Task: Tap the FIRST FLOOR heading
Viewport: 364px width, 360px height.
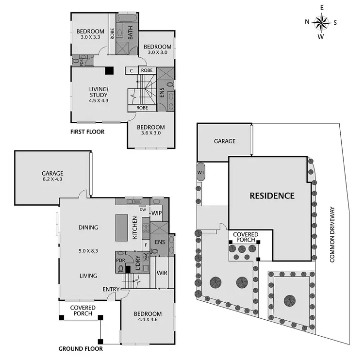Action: pyautogui.click(x=87, y=131)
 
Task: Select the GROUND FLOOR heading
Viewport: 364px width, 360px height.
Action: pyautogui.click(x=81, y=348)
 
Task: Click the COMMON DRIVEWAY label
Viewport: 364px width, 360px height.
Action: pyautogui.click(x=332, y=235)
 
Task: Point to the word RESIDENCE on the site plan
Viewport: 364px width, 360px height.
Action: pyautogui.click(x=272, y=196)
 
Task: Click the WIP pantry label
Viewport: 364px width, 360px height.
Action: pyautogui.click(x=156, y=213)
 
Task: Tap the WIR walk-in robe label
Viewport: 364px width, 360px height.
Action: pyautogui.click(x=162, y=272)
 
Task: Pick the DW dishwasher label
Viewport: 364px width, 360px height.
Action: pyautogui.click(x=143, y=210)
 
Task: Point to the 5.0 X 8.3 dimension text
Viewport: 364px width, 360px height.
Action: pyautogui.click(x=88, y=251)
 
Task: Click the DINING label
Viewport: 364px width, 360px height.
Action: pyautogui.click(x=88, y=227)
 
